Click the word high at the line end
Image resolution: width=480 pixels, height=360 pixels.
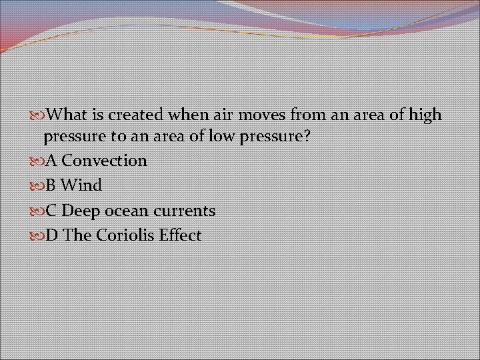[425, 115]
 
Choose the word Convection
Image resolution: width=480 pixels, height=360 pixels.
[104, 161]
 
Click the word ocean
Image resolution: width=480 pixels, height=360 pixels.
[126, 211]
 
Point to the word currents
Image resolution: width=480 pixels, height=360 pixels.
[185, 211]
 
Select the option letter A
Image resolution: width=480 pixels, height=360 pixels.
[51, 161]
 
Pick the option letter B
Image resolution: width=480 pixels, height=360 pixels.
[51, 185]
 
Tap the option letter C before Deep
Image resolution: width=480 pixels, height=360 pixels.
[51, 211]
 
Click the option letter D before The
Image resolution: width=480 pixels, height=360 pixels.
[51, 235]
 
